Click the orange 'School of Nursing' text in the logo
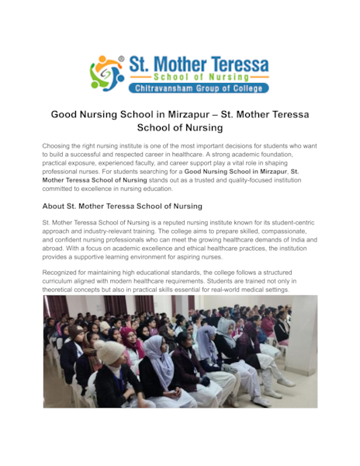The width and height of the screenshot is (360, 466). tap(200, 78)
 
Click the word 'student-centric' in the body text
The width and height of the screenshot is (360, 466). tap(282, 222)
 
